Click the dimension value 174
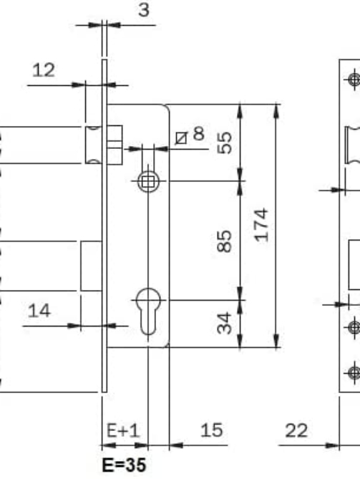point(262,225)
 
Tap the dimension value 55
point(225,142)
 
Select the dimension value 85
point(225,241)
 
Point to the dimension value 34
point(225,323)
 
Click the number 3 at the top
point(144,10)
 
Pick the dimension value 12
point(44,70)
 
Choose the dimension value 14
point(39,311)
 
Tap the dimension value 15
point(212,430)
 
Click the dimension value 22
point(296,431)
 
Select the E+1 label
point(123,431)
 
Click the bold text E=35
point(124,465)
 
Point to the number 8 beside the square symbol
point(199,133)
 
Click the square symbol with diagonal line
point(181,138)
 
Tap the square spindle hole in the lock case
point(148,181)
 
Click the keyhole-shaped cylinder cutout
point(148,311)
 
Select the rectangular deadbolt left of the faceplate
point(92,266)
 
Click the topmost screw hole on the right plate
point(354,79)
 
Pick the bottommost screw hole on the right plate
point(354,373)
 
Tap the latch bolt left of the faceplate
point(94,145)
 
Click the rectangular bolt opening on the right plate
point(354,264)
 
